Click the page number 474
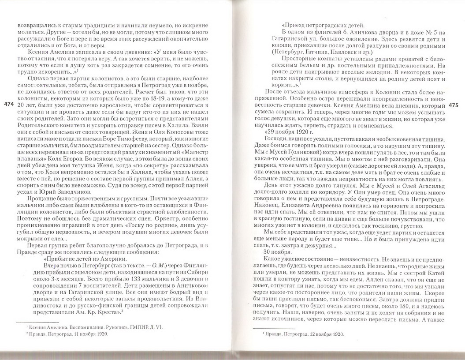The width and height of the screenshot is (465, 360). tap(8, 104)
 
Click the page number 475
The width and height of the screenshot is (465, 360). tap(454, 106)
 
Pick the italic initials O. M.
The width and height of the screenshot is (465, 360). tap(153, 266)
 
